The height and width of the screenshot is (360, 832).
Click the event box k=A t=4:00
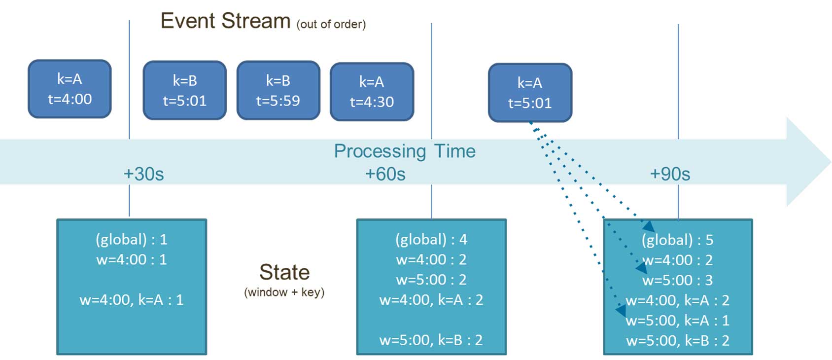[x=69, y=89]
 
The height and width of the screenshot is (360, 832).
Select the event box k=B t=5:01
[x=185, y=90]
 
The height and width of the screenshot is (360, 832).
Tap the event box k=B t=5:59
[x=278, y=90]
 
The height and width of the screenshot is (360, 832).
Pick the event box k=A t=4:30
[x=372, y=91]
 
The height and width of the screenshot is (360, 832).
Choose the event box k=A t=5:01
[x=530, y=93]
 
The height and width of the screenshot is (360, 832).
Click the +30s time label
[x=144, y=174]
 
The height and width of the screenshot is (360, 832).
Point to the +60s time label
[x=385, y=174]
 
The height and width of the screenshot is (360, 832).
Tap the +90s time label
[x=670, y=174]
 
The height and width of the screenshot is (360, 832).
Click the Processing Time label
[x=405, y=151]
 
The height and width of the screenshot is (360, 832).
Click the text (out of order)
[x=331, y=25]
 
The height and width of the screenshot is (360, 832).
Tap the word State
[x=284, y=272]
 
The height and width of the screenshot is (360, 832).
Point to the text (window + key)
[x=284, y=292]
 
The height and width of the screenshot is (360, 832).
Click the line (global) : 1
[x=132, y=240]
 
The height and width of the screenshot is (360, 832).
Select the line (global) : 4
[x=431, y=240]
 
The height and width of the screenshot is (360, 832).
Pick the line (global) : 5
[x=678, y=240]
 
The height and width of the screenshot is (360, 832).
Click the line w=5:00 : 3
[x=678, y=280]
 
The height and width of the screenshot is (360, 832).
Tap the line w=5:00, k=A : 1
[x=678, y=320]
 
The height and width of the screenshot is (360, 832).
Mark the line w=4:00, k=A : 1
[x=132, y=300]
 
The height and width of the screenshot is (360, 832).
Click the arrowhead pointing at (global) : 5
[x=649, y=226]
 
